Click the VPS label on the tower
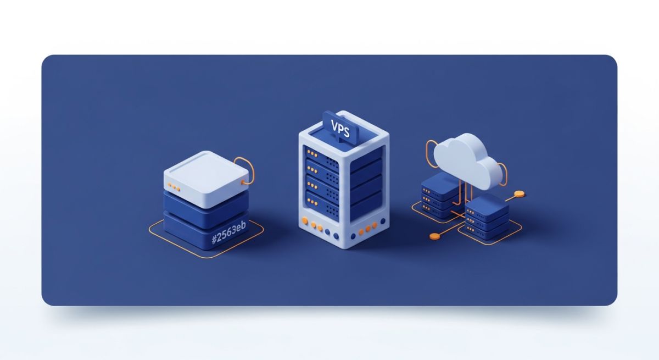340,129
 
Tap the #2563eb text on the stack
229,232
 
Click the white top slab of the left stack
206,179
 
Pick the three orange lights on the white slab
174,187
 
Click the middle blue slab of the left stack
206,209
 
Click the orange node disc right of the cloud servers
520,193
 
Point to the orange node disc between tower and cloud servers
434,236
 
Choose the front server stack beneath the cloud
487,217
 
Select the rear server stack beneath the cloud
441,196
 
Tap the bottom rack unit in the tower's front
322,206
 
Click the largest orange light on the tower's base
305,220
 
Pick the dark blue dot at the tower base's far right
383,221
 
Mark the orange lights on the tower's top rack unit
312,153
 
